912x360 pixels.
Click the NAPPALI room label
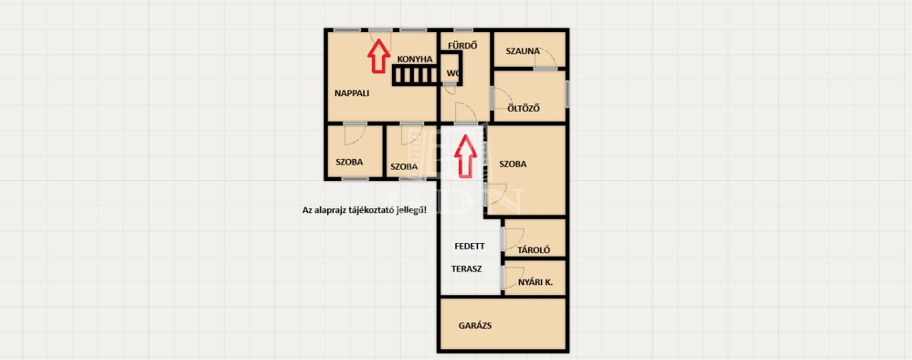click(352, 93)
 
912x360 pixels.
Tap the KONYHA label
click(415, 59)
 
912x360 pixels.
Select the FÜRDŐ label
click(462, 45)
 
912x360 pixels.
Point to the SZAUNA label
click(523, 51)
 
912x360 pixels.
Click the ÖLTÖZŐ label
click(524, 108)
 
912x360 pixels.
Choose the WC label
click(452, 73)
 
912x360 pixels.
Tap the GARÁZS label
click(475, 325)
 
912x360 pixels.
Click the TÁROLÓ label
click(534, 250)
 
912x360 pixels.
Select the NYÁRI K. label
click(535, 282)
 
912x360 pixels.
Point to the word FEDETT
click(470, 247)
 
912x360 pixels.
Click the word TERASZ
click(466, 269)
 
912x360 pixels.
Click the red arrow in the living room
click(378, 56)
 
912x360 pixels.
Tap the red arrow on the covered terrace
click(465, 156)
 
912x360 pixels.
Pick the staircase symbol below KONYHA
click(415, 76)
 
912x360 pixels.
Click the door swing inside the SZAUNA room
click(546, 58)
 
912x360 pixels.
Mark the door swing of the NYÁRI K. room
click(514, 278)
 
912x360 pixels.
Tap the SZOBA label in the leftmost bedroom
click(349, 162)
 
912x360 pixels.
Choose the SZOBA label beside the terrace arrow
click(512, 164)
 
